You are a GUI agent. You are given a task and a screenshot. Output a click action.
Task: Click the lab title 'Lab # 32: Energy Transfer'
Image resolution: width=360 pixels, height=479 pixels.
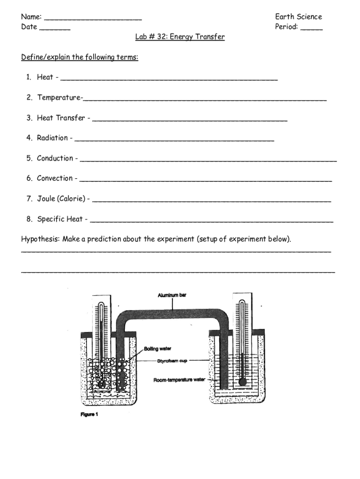point(180,37)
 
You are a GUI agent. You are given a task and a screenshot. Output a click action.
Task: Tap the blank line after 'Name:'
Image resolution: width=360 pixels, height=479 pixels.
point(94,19)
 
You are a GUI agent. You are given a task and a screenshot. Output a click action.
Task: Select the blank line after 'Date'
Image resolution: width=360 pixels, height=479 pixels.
point(55,29)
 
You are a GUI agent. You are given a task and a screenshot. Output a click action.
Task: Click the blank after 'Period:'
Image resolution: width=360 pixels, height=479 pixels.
point(311,29)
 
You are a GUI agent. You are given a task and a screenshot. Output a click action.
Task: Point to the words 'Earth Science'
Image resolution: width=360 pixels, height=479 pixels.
point(298,17)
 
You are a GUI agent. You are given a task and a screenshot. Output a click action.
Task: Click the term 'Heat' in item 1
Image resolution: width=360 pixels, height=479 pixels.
point(45,77)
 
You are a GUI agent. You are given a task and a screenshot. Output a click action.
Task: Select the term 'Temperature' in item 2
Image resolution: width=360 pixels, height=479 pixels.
point(58,98)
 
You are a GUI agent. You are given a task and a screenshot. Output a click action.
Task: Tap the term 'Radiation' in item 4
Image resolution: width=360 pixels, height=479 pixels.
point(52,138)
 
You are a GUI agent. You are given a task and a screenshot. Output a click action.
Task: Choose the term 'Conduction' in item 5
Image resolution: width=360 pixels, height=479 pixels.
point(55,158)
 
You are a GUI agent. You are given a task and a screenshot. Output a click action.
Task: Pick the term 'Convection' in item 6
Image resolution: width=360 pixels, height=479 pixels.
point(55,178)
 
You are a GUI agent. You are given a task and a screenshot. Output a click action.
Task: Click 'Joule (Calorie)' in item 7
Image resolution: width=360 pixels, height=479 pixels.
point(61,199)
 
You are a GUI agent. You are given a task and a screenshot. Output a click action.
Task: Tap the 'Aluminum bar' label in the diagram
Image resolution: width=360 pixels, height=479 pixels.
point(172,295)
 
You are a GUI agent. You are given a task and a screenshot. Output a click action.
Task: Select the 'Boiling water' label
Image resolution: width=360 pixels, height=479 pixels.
point(158,349)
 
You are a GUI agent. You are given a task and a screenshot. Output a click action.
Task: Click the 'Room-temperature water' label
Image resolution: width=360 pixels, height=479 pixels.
point(180,380)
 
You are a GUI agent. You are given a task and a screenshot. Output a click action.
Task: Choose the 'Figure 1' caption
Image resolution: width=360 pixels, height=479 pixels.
point(88,414)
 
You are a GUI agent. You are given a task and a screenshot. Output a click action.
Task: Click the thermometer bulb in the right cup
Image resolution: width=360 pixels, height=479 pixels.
point(242,382)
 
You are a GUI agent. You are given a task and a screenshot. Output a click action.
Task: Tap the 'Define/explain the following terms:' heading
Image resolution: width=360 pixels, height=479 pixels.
point(79,58)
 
